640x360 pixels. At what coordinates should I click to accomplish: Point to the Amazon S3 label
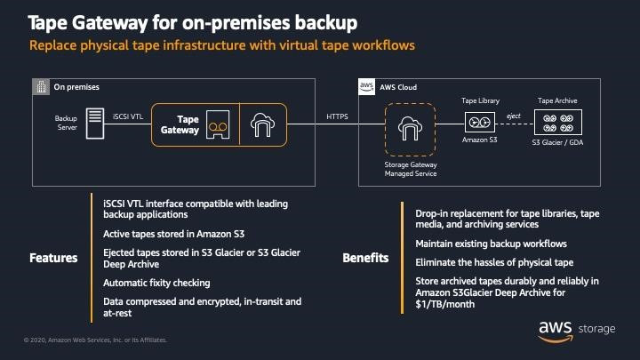pyautogui.click(x=478, y=140)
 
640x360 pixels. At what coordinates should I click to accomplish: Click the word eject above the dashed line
pyautogui.click(x=514, y=116)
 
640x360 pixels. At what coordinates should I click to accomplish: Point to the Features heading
pyautogui.click(x=53, y=259)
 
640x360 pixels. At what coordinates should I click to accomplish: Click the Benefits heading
pyautogui.click(x=364, y=259)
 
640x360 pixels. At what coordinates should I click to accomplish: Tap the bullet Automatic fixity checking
pyautogui.click(x=156, y=283)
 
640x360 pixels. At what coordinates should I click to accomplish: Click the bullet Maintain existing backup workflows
pyautogui.click(x=491, y=243)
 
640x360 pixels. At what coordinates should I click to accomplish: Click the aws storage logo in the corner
pyautogui.click(x=575, y=329)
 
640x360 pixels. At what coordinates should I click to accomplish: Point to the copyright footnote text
pyautogui.click(x=89, y=340)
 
